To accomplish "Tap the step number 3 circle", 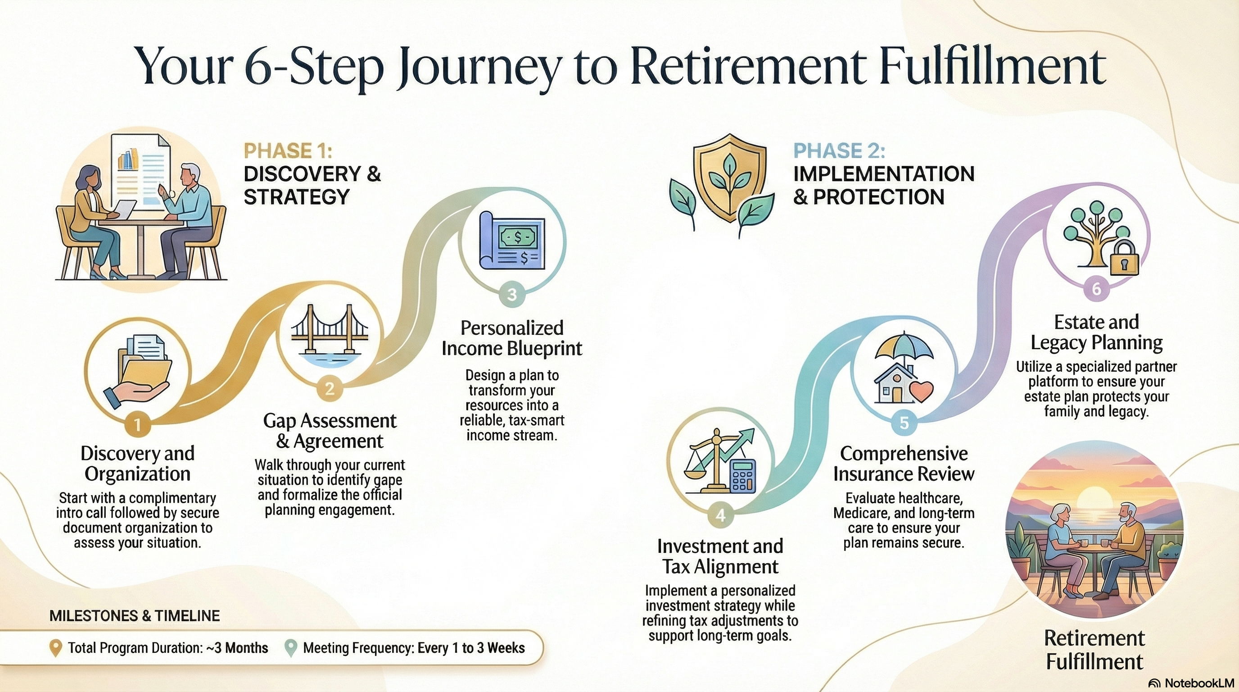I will [x=512, y=294].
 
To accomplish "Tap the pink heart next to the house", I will [x=921, y=391].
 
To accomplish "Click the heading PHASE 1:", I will [x=288, y=151].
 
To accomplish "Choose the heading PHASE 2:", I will [x=839, y=151].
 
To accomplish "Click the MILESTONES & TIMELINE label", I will [x=135, y=616].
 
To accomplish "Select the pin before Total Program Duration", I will [x=56, y=648].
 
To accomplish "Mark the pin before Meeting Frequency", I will [x=290, y=648].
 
